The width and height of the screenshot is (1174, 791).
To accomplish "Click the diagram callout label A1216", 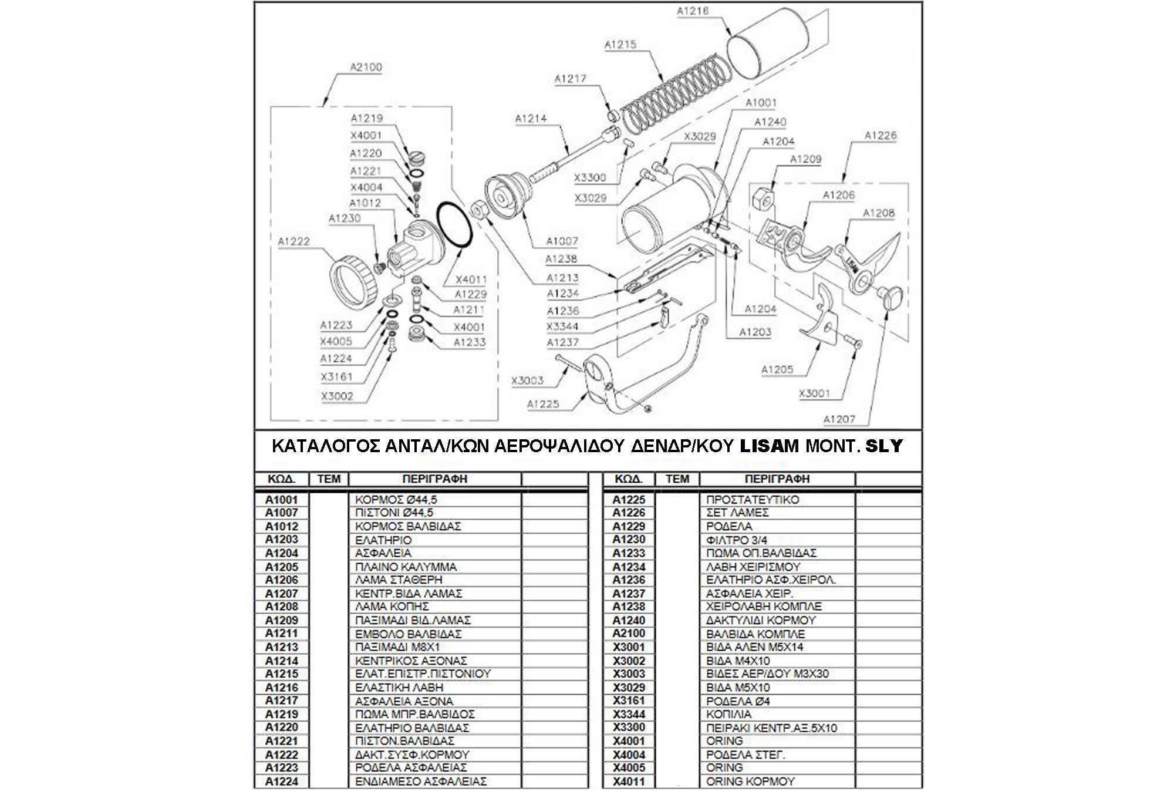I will point(693,11).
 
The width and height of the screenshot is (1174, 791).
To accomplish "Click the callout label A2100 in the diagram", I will point(366,67).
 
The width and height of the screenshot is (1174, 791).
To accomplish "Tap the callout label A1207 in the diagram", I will point(839,419).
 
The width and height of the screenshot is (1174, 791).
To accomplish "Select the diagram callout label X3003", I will point(527,381).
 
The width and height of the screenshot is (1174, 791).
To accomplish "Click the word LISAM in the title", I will point(770,446).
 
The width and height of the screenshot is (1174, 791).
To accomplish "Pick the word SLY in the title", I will point(885,446).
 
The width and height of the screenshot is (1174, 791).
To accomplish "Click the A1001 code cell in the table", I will point(282,500).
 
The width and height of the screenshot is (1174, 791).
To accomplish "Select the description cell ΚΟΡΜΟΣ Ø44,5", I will point(396,500).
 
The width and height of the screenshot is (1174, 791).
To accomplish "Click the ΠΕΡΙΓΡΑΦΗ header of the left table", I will point(434,479).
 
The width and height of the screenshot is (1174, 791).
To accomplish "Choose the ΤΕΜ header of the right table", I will point(677,479).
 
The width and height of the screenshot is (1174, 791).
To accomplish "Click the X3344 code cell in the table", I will point(629,714).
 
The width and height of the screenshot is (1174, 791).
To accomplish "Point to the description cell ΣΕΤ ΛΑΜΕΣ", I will point(737,513).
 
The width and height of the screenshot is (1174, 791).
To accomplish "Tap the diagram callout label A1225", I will point(543,404).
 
